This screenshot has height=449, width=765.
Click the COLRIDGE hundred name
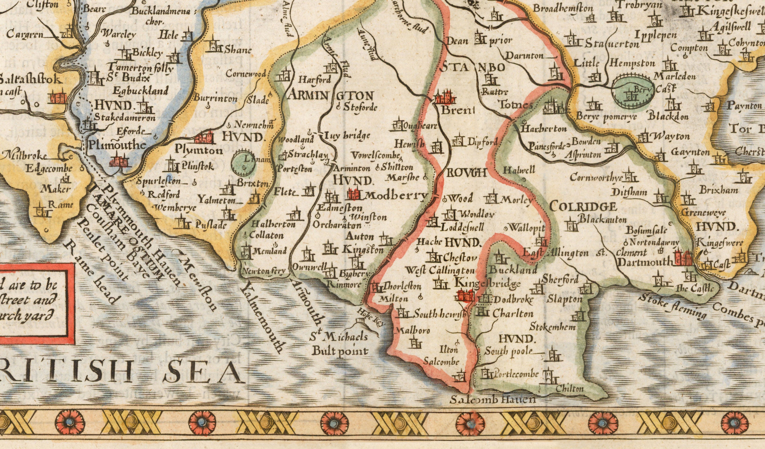point(583,207)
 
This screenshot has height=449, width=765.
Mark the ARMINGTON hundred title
point(330,96)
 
